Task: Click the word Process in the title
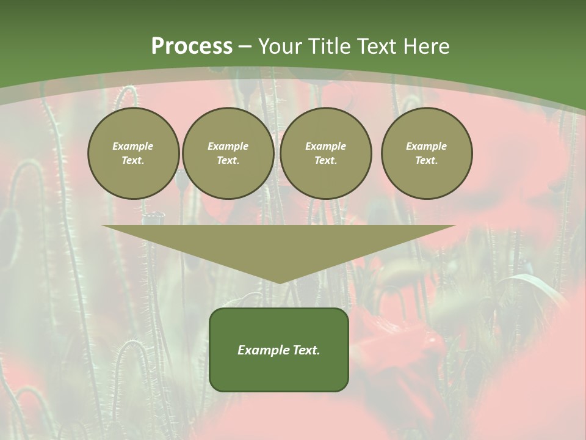pos(192,46)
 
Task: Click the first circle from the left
pos(133,153)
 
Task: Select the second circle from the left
pos(228,153)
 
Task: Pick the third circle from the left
pos(325,153)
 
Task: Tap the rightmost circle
pos(427,153)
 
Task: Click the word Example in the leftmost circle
pos(133,146)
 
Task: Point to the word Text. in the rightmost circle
pos(427,161)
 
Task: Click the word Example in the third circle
pos(325,146)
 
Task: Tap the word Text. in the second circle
pos(228,161)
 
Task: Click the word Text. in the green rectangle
pos(306,350)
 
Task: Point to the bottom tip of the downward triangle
pos(280,282)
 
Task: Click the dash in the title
pos(245,46)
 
